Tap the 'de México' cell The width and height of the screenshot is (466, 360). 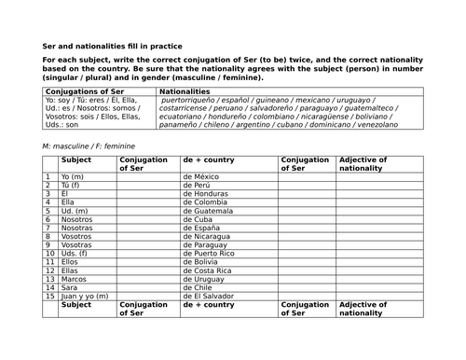[213, 176]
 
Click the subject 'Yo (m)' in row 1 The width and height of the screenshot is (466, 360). [74, 176]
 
